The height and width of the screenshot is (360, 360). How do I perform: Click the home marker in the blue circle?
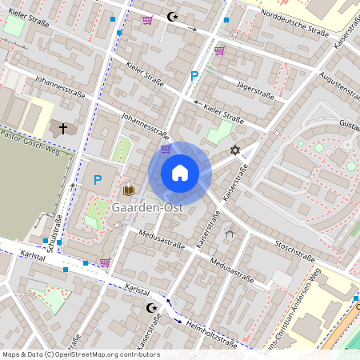tap(180, 173)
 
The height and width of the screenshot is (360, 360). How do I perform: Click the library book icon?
tap(128, 190)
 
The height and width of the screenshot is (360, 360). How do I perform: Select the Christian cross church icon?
tap(64, 128)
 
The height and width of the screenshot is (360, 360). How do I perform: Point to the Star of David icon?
tap(235, 150)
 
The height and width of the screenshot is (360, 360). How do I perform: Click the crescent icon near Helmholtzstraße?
tap(148, 307)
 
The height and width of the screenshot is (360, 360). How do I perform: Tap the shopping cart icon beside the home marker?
tap(166, 148)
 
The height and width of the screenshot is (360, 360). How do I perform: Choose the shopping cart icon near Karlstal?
tap(105, 262)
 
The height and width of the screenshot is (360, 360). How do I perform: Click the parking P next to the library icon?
tap(98, 180)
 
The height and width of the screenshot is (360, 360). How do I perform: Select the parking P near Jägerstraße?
tap(193, 76)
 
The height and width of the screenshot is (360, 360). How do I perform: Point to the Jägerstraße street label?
tap(254, 94)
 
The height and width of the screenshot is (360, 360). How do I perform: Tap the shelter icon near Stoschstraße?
tap(231, 233)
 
